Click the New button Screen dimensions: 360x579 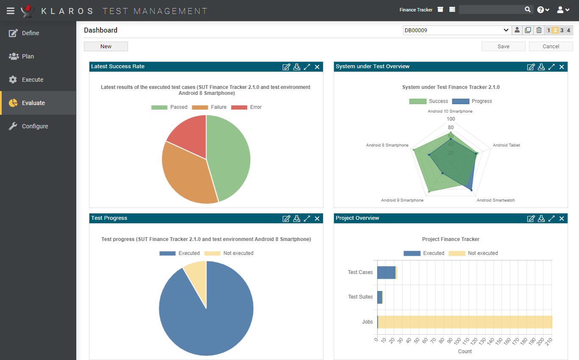pyautogui.click(x=106, y=47)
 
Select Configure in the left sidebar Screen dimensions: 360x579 pyautogui.click(x=35, y=126)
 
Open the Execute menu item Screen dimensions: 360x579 pyautogui.click(x=33, y=80)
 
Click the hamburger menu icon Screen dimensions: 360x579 pyautogui.click(x=11, y=10)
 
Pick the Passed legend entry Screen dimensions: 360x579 pyautogui.click(x=169, y=107)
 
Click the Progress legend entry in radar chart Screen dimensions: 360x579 pyautogui.click(x=472, y=101)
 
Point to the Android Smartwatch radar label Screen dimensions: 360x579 pyautogui.click(x=495, y=200)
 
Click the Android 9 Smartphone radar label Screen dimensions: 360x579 pyautogui.click(x=402, y=200)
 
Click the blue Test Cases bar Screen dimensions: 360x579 pyautogui.click(x=386, y=272)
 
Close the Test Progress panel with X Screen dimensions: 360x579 pyautogui.click(x=317, y=219)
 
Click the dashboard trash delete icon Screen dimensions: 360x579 pyautogui.click(x=539, y=30)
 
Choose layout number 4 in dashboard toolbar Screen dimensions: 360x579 pyautogui.click(x=568, y=30)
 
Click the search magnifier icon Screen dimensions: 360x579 pyautogui.click(x=528, y=10)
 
